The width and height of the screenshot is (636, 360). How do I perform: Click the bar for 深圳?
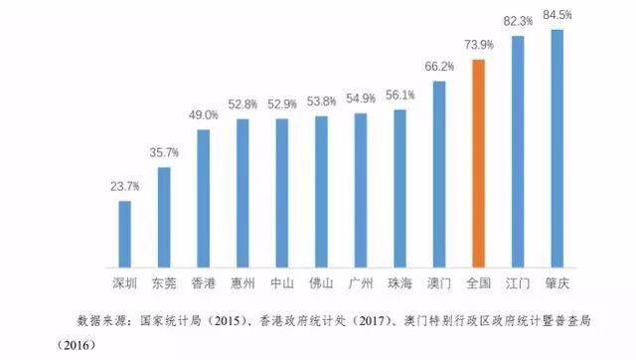(x=124, y=235)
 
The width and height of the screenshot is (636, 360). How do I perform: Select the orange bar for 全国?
(x=478, y=164)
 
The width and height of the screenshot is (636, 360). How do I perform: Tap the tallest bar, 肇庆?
(x=556, y=149)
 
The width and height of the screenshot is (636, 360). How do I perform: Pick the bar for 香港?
(x=203, y=199)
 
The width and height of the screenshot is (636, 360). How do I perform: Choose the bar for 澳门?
(x=439, y=174)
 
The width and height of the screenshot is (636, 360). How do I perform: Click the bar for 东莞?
(x=164, y=218)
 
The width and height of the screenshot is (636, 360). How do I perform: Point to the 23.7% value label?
(x=124, y=186)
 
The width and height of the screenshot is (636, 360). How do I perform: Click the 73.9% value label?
(x=478, y=46)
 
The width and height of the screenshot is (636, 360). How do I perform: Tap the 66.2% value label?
(x=439, y=67)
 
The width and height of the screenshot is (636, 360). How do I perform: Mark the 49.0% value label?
(x=203, y=115)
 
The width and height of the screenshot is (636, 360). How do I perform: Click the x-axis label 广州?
(x=361, y=282)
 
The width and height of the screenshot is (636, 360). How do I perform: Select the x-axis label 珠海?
(x=400, y=282)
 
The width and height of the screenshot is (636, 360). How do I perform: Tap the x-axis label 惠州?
(x=242, y=282)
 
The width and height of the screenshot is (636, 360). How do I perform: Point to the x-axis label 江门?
(x=518, y=282)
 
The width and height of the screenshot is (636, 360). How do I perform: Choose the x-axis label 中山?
(x=282, y=282)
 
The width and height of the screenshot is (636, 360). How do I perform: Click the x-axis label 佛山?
(x=321, y=282)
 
